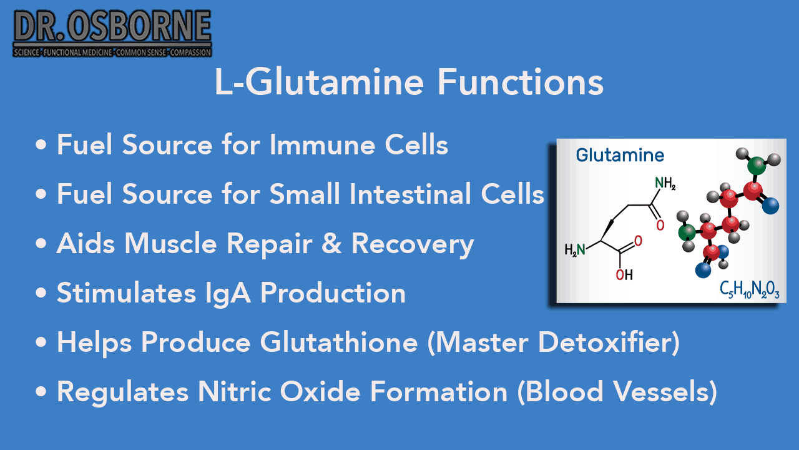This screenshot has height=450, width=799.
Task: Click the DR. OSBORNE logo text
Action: [112, 28]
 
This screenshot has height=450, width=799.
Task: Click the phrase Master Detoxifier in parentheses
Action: [553, 342]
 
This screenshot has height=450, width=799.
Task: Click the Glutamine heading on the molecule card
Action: [620, 155]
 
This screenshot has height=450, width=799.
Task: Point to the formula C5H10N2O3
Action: [749, 289]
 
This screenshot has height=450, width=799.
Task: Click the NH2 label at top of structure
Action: [665, 184]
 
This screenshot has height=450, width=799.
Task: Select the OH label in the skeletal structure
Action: [624, 274]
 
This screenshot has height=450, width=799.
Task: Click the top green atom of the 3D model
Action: [757, 166]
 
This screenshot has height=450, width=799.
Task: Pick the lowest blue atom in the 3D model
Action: [703, 270]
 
